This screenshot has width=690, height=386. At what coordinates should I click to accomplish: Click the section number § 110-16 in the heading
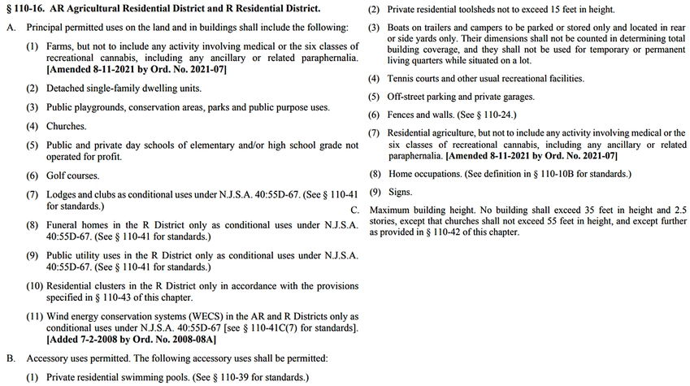click(29, 8)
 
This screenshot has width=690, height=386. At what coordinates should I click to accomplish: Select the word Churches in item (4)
click(66, 127)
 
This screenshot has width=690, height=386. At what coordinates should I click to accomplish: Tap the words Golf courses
click(75, 176)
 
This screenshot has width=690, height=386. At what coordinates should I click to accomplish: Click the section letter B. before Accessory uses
click(11, 358)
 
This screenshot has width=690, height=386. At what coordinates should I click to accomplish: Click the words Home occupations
click(425, 174)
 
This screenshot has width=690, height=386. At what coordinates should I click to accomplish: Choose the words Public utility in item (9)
click(75, 255)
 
